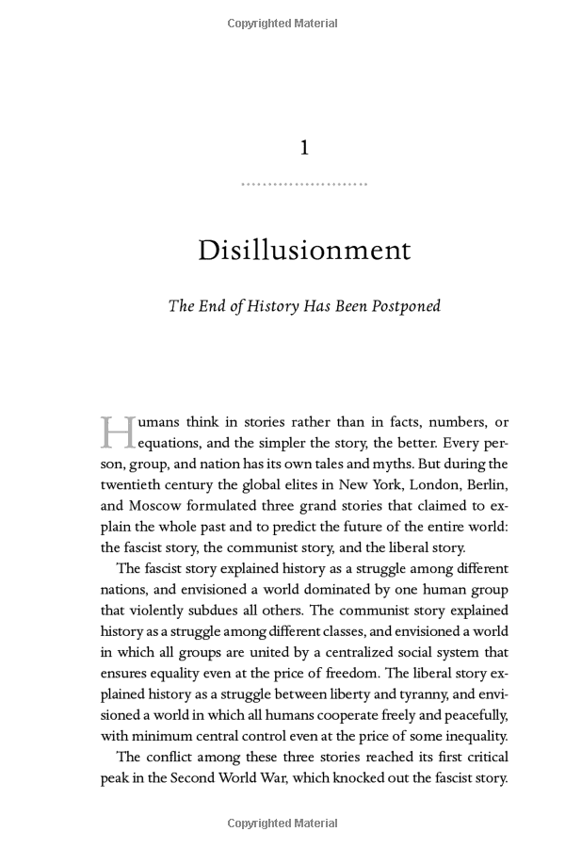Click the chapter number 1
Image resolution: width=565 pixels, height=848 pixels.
304,148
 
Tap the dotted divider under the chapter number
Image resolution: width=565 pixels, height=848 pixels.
304,184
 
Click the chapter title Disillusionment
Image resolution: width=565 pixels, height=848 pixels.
304,251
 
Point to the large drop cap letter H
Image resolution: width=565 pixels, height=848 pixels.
117,432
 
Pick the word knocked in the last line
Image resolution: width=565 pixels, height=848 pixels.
368,778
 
